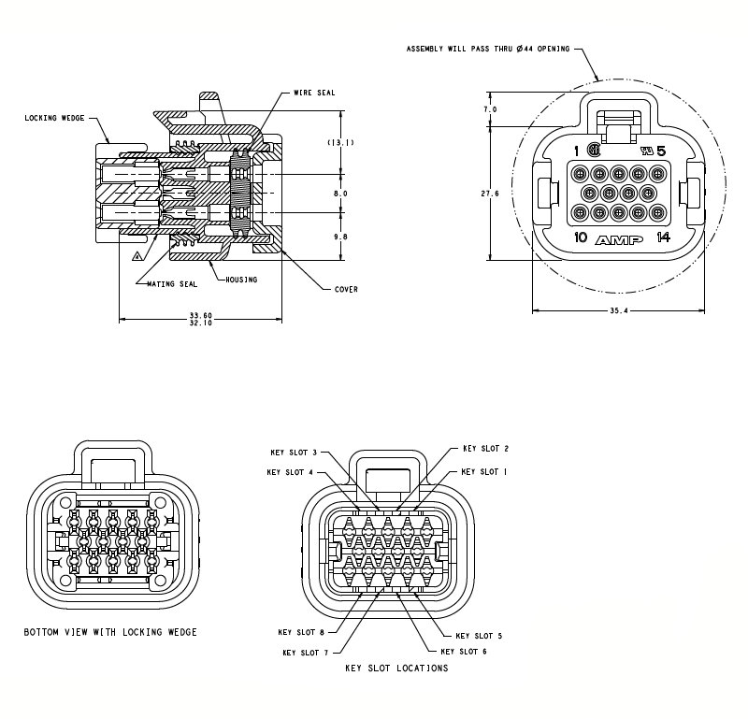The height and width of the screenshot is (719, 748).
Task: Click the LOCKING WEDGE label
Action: [x=54, y=119]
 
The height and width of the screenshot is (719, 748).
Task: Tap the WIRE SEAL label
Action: [x=314, y=93]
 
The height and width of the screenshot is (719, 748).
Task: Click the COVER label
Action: [x=346, y=289]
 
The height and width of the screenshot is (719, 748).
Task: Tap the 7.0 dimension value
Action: [x=490, y=110]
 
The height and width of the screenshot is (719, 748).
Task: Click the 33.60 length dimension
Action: [x=201, y=314]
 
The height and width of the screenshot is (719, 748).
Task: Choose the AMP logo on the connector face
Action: [x=619, y=239]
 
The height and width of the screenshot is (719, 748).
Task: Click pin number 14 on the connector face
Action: [x=663, y=237]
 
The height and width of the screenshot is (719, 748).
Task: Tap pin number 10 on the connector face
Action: [x=580, y=237]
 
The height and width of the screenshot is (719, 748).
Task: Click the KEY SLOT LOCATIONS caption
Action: [x=396, y=669]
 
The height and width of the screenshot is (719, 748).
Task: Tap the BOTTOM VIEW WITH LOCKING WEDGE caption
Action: [x=110, y=633]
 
